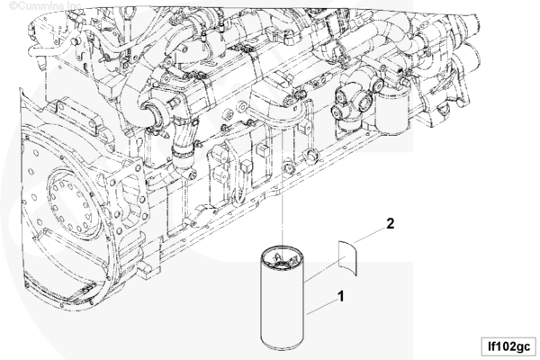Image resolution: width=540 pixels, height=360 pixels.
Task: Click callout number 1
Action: point(340,296)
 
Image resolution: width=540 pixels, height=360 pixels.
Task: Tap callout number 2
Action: point(390,224)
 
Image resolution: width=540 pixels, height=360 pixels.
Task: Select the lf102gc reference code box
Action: point(509,346)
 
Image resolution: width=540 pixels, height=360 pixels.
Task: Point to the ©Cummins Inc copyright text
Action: point(45,5)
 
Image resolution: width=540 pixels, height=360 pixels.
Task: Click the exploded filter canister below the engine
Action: point(283,298)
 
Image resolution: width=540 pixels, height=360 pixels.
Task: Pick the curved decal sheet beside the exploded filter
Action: point(347,257)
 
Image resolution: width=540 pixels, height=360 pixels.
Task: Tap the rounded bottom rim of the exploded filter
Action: point(283,346)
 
